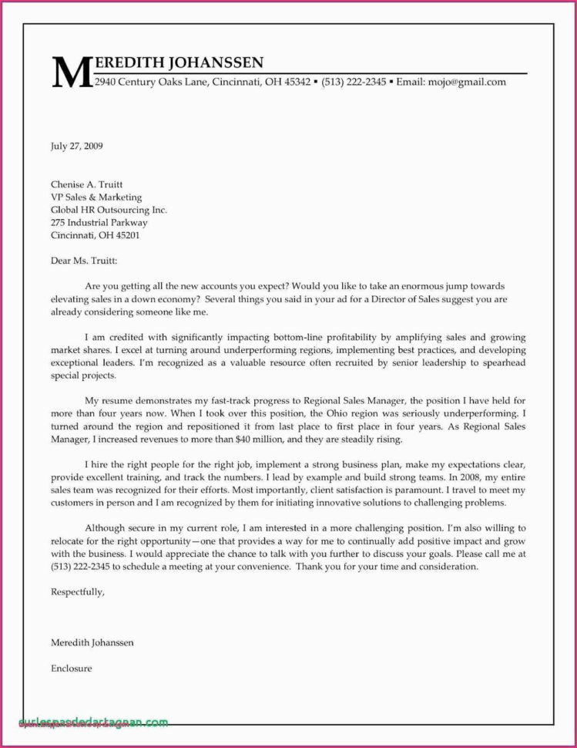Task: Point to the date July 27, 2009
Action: [77, 145]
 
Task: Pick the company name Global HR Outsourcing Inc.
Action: [109, 210]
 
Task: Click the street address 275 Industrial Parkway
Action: [99, 222]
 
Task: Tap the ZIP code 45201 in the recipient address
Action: [126, 235]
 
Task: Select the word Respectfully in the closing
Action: [76, 592]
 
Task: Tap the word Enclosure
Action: [72, 668]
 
